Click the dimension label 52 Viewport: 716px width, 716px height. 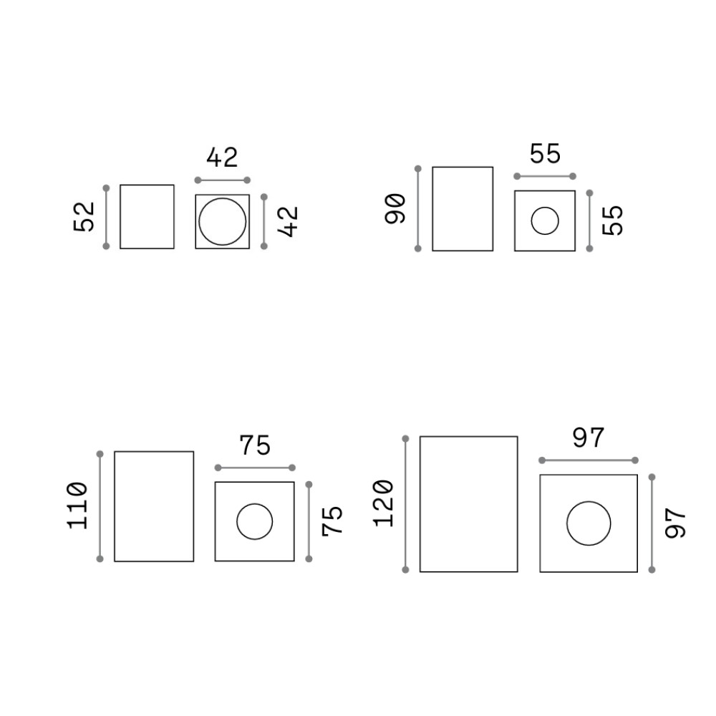coord(84,217)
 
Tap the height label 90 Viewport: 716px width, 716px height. coord(395,208)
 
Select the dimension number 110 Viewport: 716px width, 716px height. coord(77,505)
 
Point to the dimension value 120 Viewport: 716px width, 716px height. coord(383,503)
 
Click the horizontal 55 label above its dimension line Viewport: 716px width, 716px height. coord(545,154)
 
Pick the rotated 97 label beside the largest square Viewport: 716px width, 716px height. coord(675,524)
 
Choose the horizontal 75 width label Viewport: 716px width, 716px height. coord(256,445)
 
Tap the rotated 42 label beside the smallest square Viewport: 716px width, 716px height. coord(288,221)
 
